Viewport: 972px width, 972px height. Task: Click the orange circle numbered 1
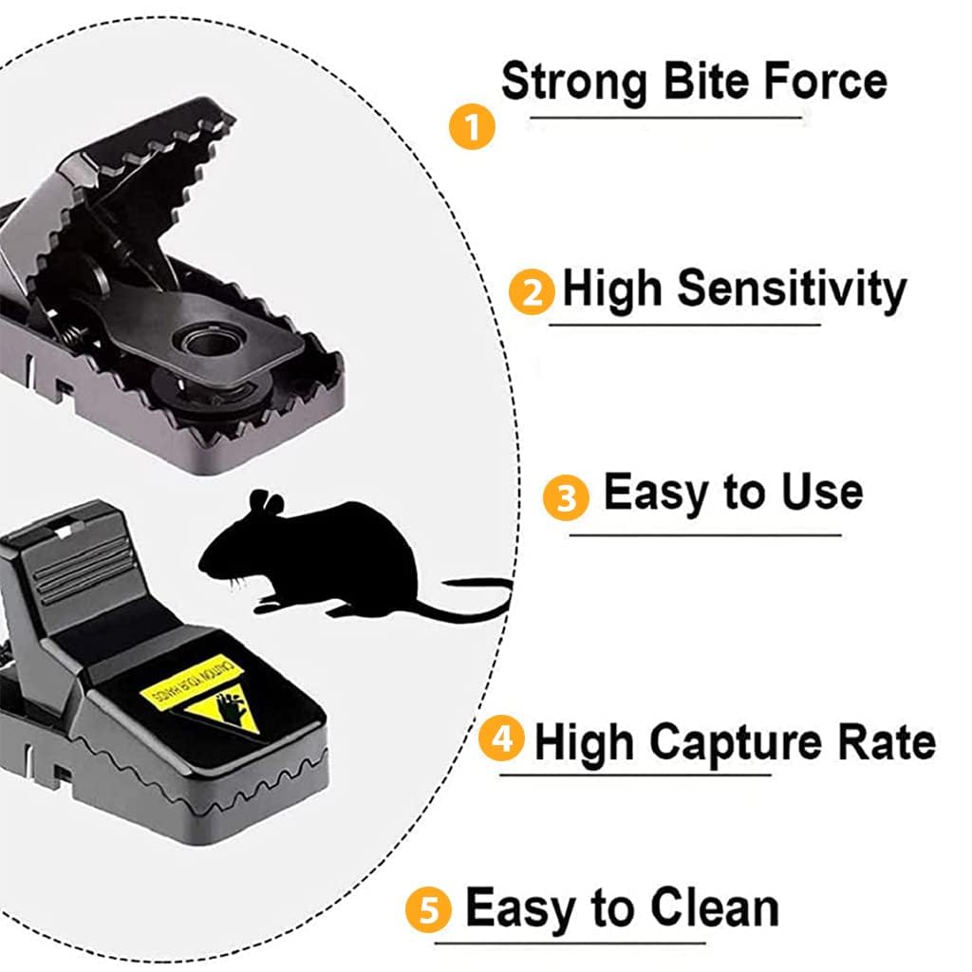pos(472,126)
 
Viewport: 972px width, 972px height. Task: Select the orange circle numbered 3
pos(567,497)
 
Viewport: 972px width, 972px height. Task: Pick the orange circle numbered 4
pos(501,738)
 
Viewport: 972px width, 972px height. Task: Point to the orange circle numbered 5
pos(429,911)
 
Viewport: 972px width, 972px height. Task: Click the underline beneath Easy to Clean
pos(570,943)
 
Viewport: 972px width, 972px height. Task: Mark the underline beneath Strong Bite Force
pos(664,118)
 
